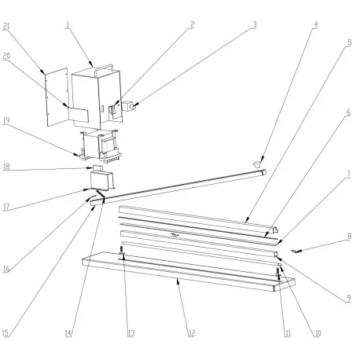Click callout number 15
pos(6,333)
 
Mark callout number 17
pos(6,208)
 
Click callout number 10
pos(316,332)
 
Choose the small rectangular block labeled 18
pos(98,168)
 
